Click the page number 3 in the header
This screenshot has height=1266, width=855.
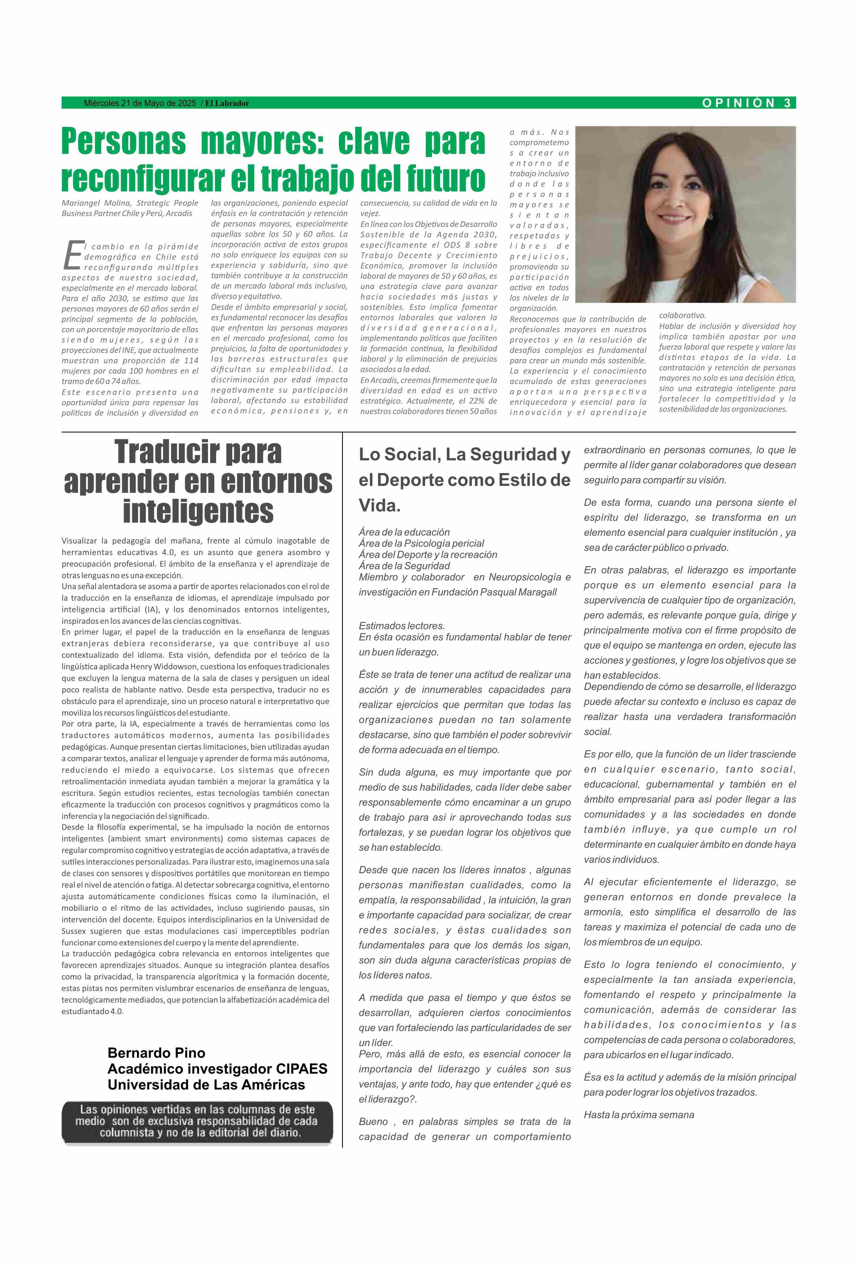pyautogui.click(x=787, y=103)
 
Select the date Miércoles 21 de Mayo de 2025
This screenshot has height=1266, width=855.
pyautogui.click(x=139, y=103)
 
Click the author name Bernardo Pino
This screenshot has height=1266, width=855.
pyautogui.click(x=156, y=1052)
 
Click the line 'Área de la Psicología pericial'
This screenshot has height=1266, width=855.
pyautogui.click(x=421, y=543)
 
